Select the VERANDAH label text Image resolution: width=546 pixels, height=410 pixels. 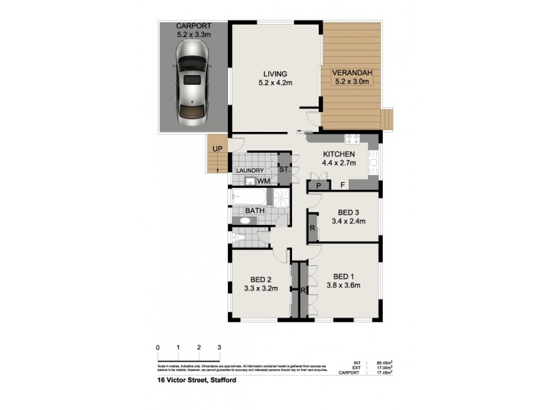point(351,73)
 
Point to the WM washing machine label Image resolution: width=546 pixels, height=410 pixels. point(263,181)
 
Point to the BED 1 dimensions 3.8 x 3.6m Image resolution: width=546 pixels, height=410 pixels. point(343,286)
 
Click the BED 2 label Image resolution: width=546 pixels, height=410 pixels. point(261,279)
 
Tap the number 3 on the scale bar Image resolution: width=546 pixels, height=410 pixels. point(219,347)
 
